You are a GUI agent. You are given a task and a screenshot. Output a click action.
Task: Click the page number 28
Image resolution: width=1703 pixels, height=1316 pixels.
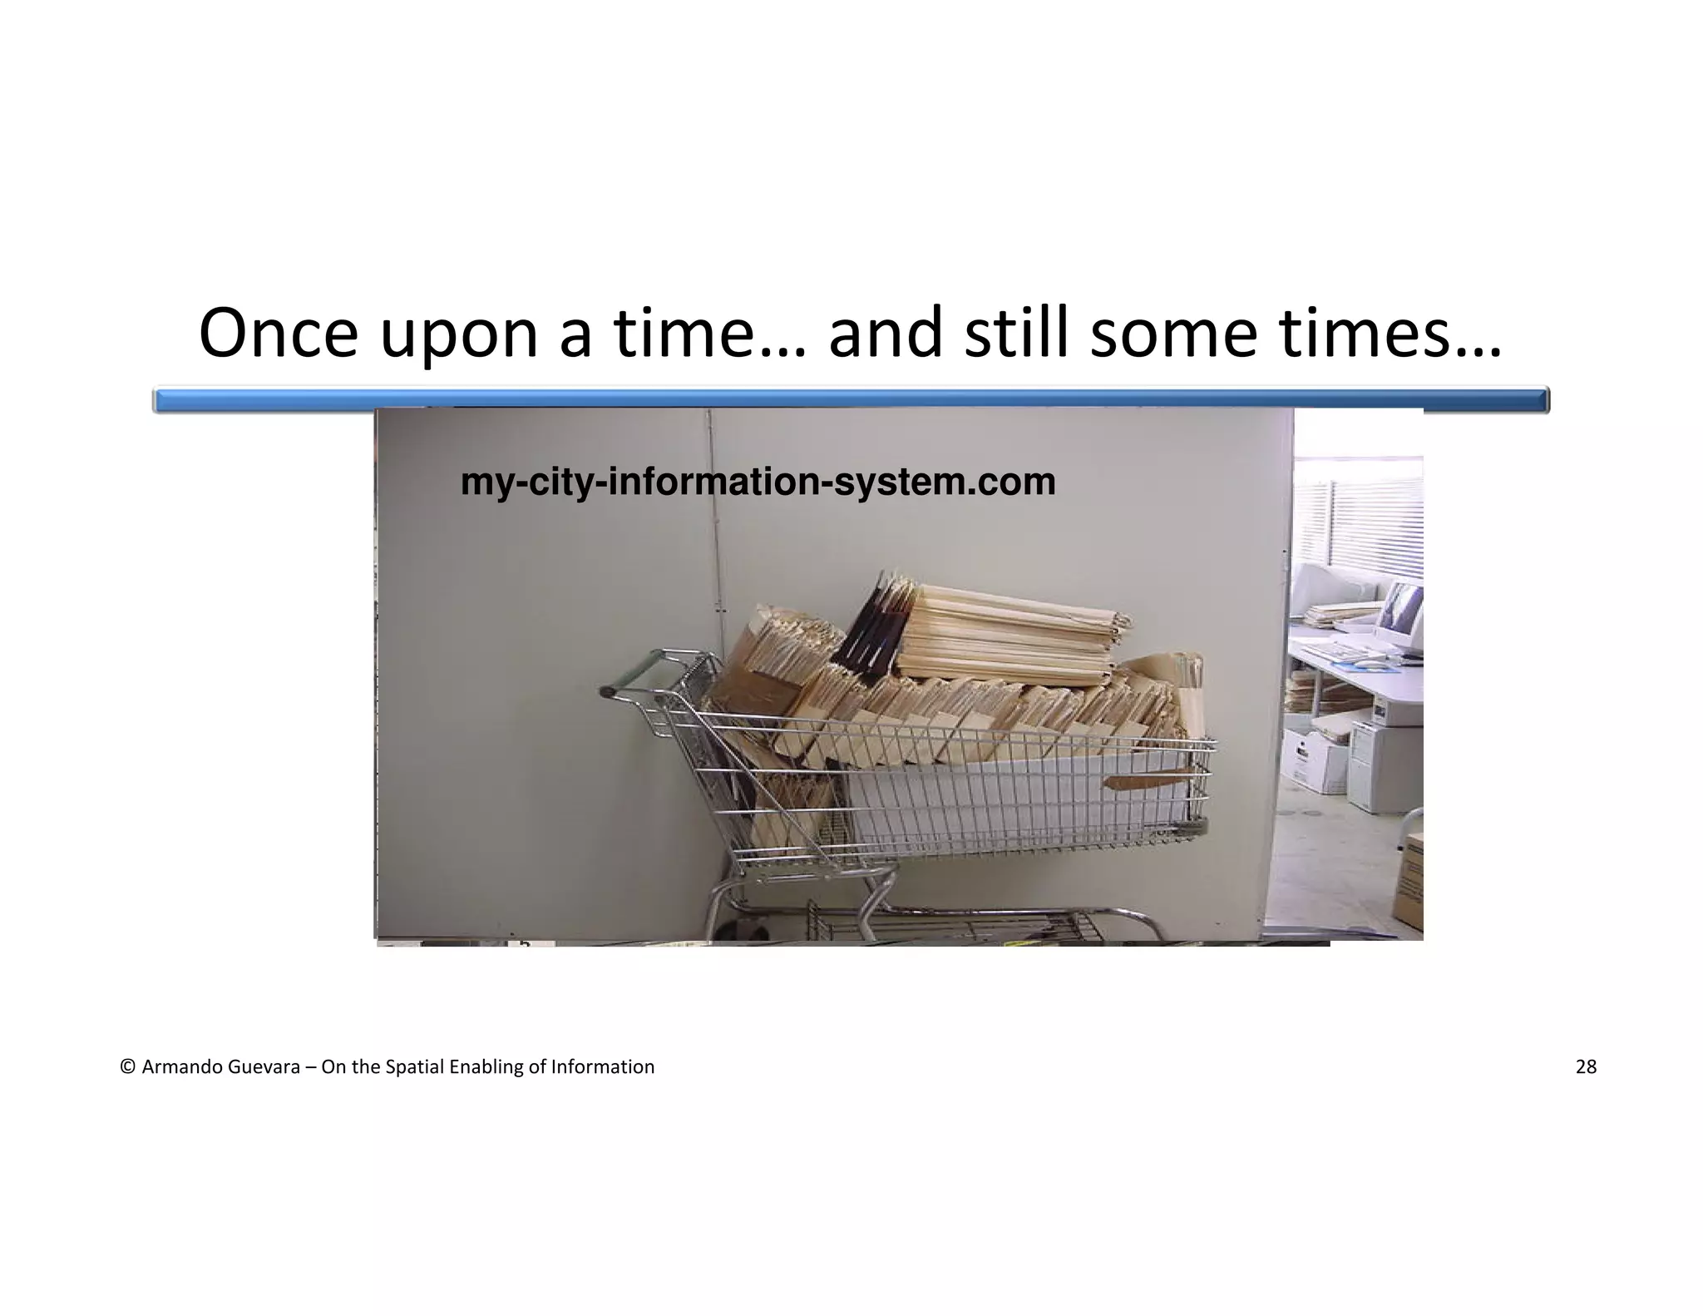tap(1586, 1067)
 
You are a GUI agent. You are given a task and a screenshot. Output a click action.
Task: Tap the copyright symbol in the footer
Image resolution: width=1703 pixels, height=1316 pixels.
tap(127, 1067)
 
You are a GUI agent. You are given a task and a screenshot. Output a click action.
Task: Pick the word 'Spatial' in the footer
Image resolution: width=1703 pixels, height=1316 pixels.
tap(414, 1067)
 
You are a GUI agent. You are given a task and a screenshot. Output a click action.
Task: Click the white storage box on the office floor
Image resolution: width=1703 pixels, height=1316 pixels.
tap(1314, 756)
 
